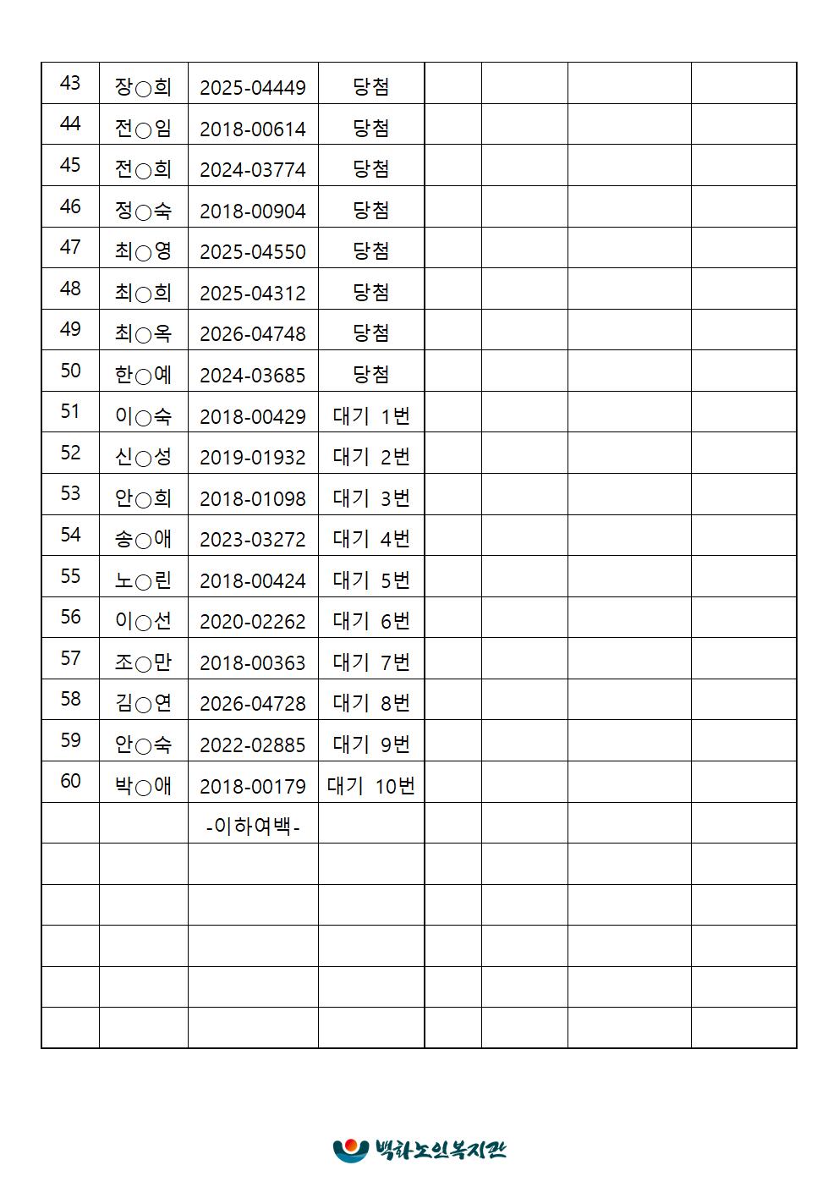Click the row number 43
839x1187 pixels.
pos(70,84)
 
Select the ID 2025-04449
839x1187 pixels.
pos(252,88)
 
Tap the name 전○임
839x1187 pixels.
pos(143,129)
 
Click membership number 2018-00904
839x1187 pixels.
pos(252,212)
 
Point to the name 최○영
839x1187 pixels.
pos(143,252)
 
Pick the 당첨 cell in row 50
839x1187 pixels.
pos(370,375)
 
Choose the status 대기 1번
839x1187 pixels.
pos(370,416)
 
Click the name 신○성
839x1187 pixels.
pos(143,457)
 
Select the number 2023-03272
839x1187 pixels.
pos(252,540)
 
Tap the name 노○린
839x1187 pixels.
pos(143,580)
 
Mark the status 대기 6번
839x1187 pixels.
pos(370,622)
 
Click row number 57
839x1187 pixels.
pos(70,658)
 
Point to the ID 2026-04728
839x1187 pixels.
pos(252,704)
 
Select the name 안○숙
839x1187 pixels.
pos(143,745)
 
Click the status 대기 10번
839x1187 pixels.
pos(370,786)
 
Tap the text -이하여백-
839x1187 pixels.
pos(252,827)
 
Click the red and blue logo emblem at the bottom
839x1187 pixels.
pos(350,1149)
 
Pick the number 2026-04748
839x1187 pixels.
pos(252,334)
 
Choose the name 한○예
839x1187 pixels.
pos(143,375)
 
